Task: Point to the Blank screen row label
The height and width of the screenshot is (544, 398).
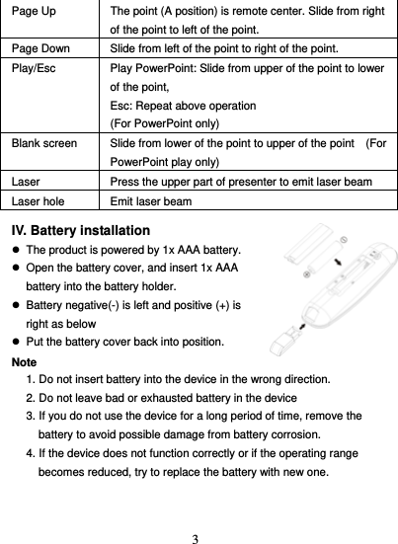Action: click(x=43, y=143)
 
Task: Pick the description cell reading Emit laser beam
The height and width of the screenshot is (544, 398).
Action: click(x=153, y=200)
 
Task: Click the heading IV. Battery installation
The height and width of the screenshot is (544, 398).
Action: click(x=80, y=230)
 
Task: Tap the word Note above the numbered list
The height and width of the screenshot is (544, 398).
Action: click(x=24, y=360)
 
